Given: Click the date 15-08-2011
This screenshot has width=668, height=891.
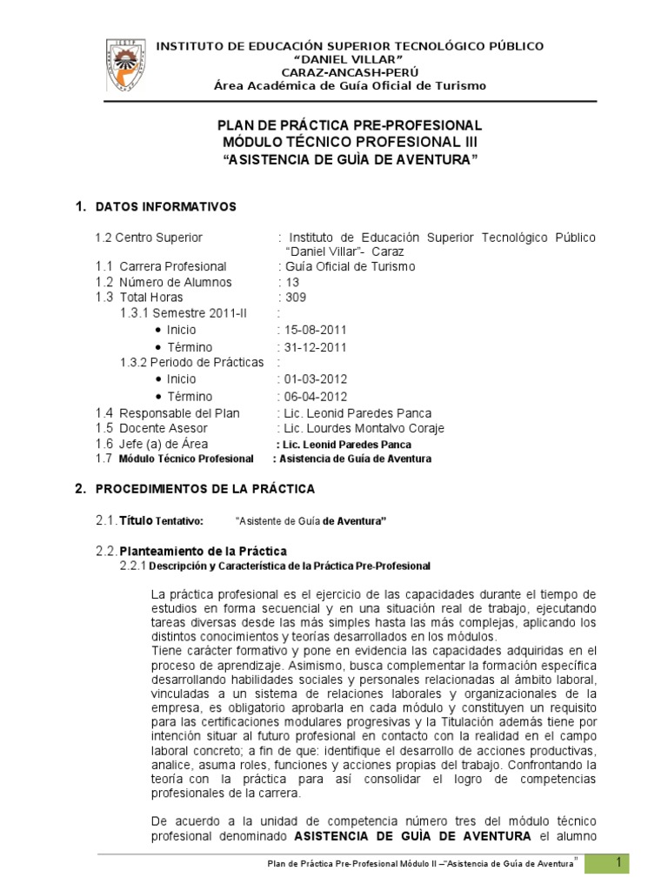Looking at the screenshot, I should pos(311,331).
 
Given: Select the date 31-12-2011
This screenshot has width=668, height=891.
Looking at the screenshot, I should pos(311,347).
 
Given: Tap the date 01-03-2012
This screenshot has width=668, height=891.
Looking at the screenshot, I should pos(311,380).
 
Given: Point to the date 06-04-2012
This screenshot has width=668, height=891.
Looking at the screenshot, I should pos(311,397).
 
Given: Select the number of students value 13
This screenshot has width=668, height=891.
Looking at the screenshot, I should pos(290,282).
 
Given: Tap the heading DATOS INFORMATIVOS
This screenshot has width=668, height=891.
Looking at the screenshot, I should pos(164,206).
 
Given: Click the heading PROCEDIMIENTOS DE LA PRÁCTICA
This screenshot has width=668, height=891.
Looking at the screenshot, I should pos(204,489).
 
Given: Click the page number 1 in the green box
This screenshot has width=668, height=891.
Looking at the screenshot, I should pos(618,862).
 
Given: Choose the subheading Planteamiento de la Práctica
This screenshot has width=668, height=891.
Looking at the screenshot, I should pos(203,552).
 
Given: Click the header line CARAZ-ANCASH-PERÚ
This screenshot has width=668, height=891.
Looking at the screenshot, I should pos(349,72).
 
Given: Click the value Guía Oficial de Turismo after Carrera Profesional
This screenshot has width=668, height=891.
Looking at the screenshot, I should pos(350,266).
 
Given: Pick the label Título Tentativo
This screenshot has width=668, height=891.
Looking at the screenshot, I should pos(161,520).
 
